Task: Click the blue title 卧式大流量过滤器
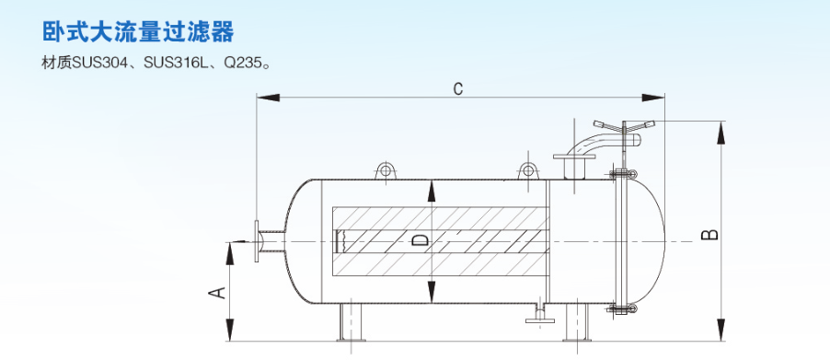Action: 138,31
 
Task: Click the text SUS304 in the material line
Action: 100,63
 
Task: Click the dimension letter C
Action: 458,89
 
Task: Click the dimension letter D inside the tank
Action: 420,241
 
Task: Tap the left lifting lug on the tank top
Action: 386,170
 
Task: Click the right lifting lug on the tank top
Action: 528,170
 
